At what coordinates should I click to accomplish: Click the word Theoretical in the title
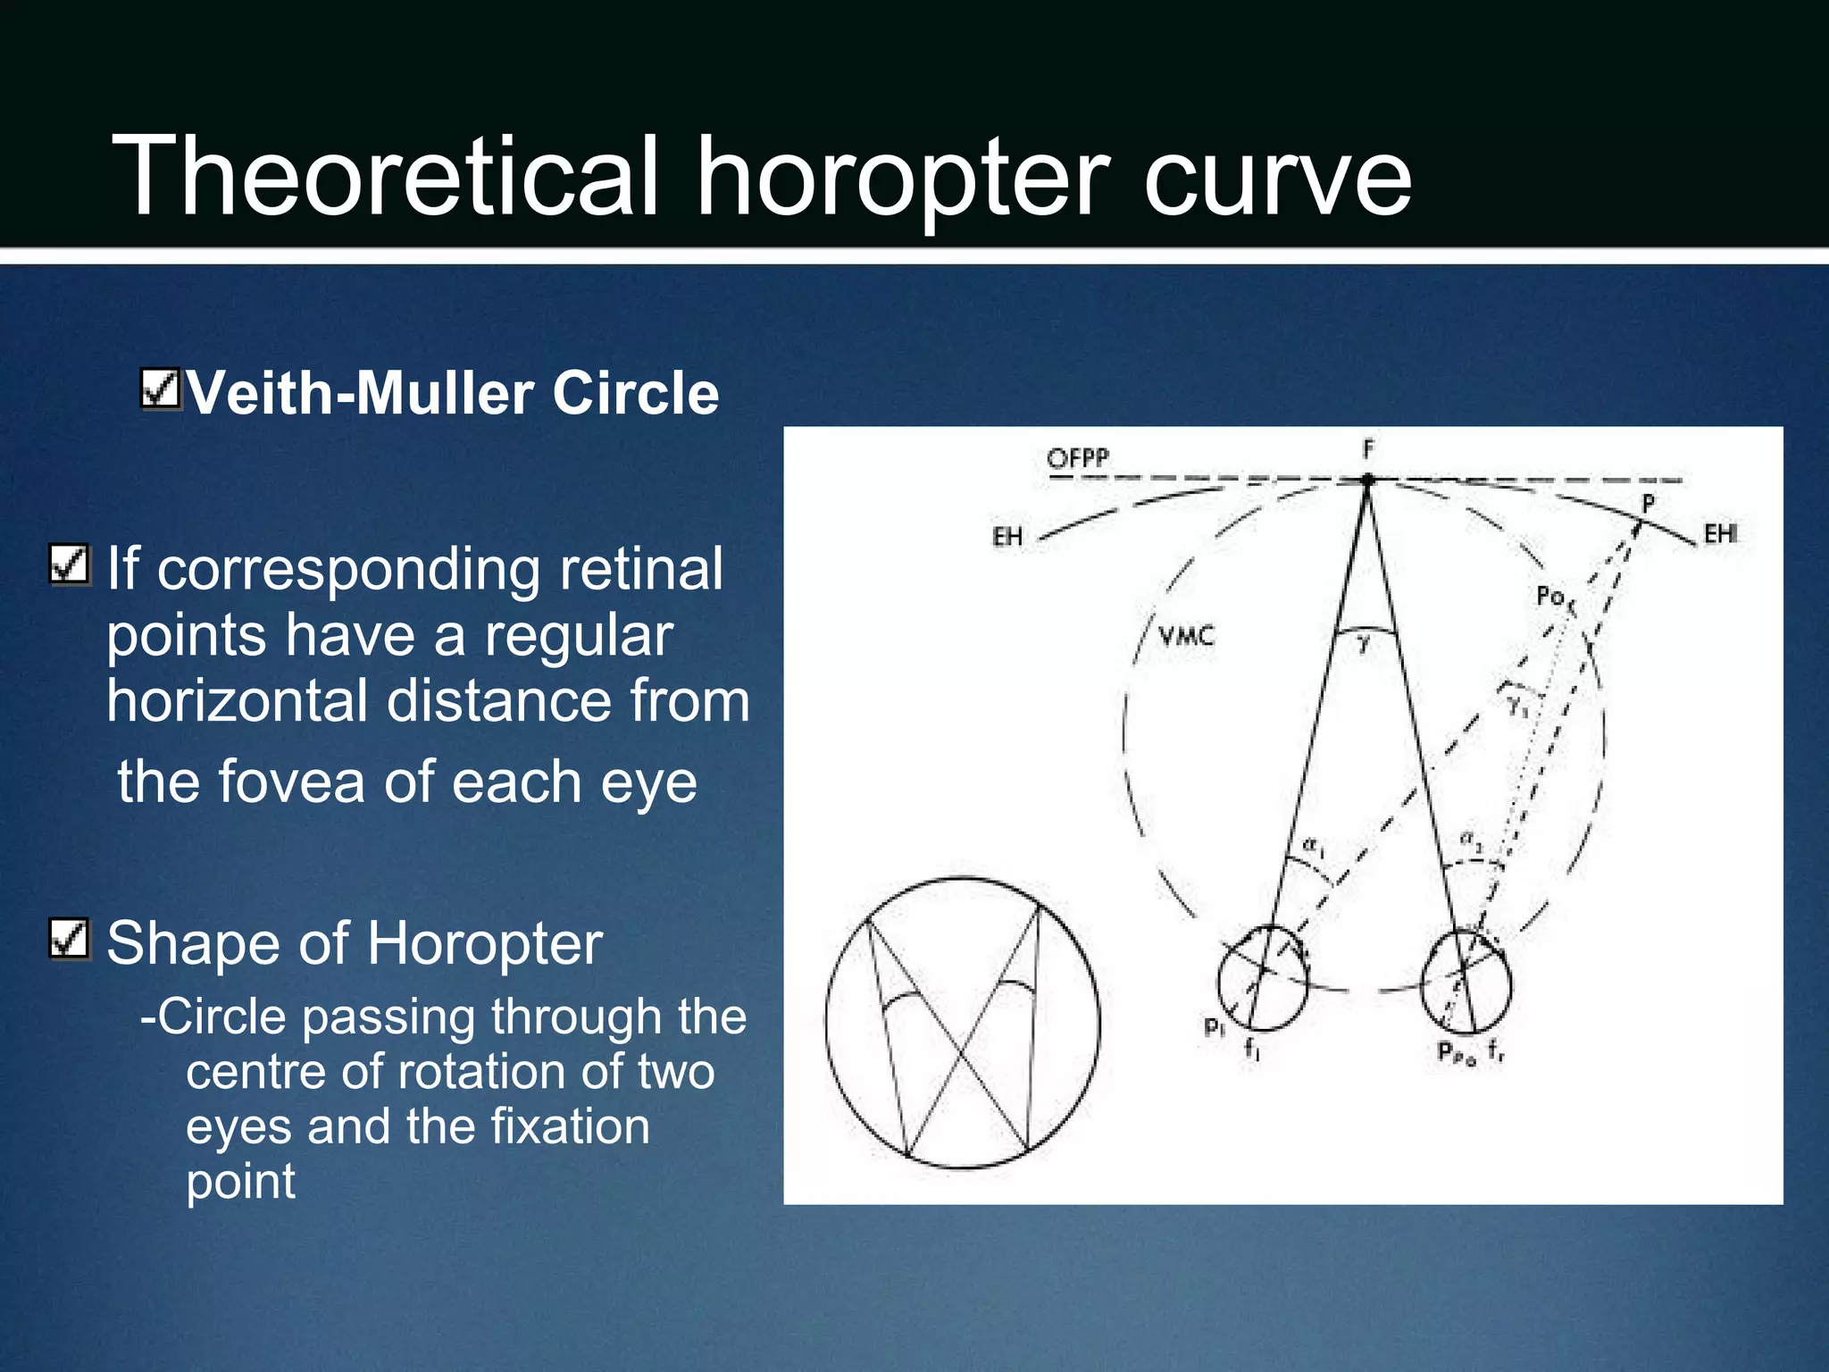point(385,176)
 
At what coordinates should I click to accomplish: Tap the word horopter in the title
point(902,179)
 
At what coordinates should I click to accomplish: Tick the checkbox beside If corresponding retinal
point(70,564)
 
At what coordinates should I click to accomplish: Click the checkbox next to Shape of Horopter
point(70,939)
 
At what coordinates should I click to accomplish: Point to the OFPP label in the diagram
point(1077,458)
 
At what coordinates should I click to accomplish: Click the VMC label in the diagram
point(1186,636)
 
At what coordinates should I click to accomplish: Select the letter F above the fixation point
point(1367,449)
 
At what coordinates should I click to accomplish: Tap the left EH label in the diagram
point(1007,536)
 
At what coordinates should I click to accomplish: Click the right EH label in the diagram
point(1720,533)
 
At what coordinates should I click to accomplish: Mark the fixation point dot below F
point(1367,481)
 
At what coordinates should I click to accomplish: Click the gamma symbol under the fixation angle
point(1364,643)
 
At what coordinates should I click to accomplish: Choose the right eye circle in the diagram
point(1466,980)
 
